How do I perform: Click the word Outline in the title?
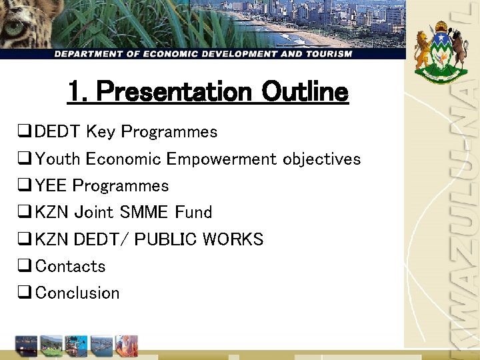point(305,91)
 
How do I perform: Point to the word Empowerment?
point(222,159)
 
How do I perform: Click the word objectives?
point(321,159)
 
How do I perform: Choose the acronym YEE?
point(51,186)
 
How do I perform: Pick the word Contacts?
point(70,266)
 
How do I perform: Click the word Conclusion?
point(77,293)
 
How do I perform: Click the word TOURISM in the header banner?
point(325,53)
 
